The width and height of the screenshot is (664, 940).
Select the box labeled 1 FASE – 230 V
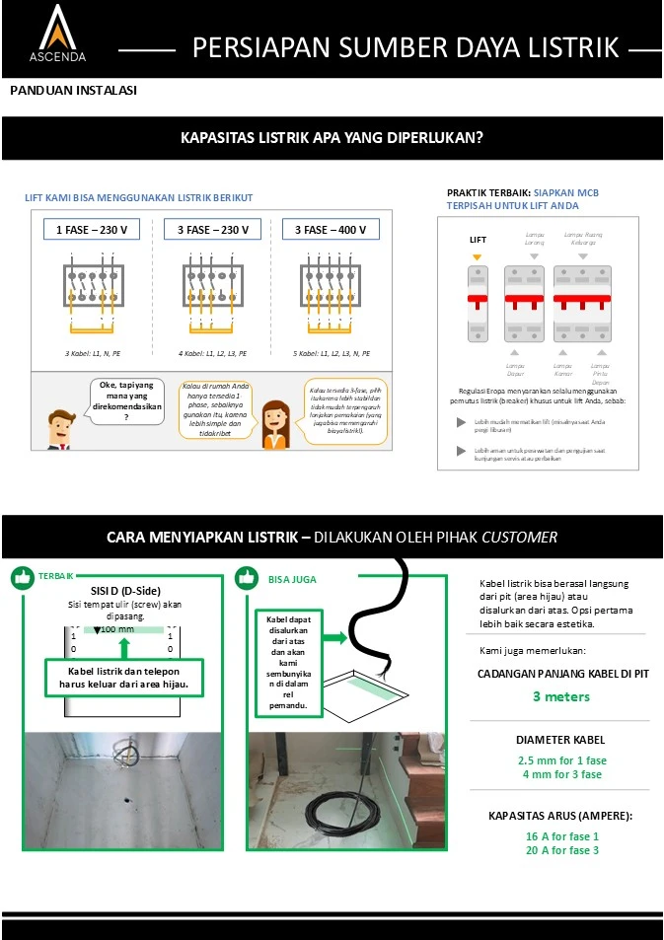coord(91,230)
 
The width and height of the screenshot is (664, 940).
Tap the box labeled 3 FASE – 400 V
coord(331,230)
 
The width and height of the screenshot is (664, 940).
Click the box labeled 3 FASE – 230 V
coord(211,230)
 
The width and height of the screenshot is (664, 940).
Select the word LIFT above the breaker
coord(478,240)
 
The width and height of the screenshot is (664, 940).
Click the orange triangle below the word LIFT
coord(478,256)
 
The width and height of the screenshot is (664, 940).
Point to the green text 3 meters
coord(560,696)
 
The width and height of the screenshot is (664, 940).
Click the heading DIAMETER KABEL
coord(560,740)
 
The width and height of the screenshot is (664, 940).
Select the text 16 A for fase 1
coord(561,835)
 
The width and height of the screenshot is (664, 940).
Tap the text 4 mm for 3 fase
coord(560,774)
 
